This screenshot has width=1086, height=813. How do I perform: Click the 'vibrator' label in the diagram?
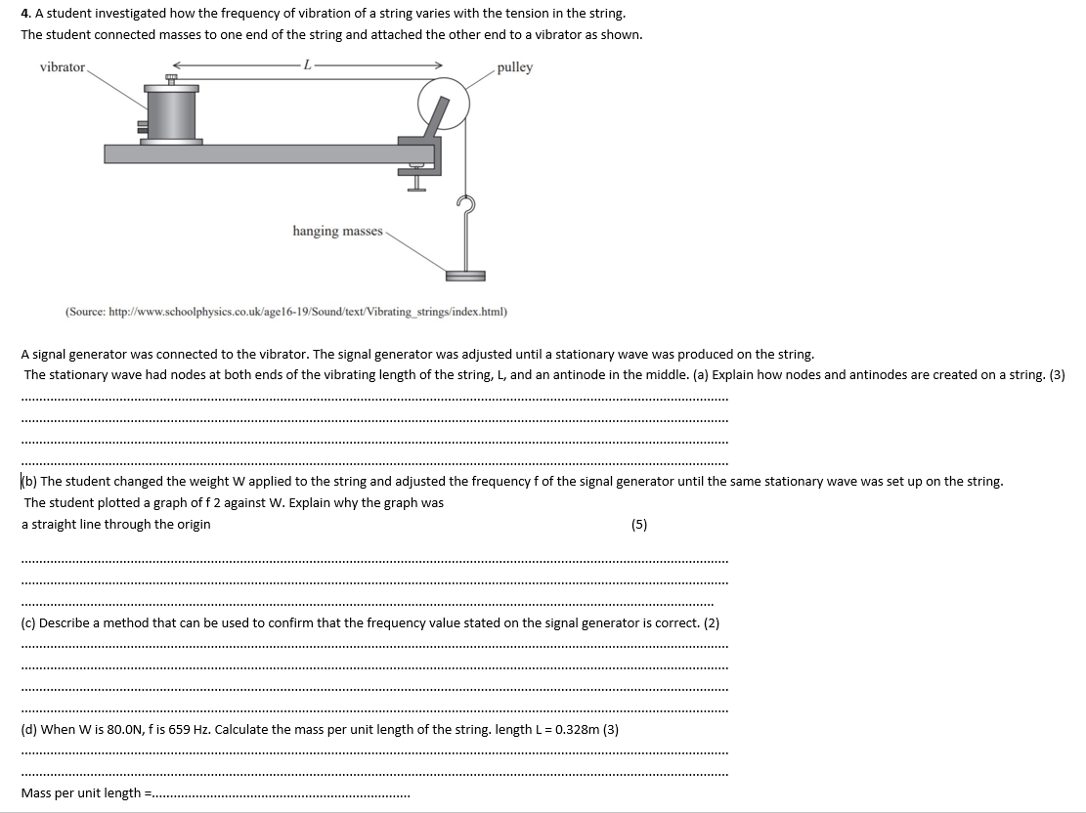point(62,67)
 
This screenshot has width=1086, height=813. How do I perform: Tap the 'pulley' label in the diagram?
point(515,67)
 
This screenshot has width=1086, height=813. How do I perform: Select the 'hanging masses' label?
point(337,231)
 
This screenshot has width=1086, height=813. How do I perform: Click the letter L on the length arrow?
point(307,65)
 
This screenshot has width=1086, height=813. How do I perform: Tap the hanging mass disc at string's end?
point(465,276)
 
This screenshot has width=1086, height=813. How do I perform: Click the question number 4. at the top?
point(26,14)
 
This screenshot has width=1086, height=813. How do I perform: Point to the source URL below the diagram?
point(286,312)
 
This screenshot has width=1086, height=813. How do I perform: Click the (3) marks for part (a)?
point(1056,375)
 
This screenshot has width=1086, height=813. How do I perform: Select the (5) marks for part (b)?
point(639,525)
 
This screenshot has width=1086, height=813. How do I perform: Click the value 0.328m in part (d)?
point(570,730)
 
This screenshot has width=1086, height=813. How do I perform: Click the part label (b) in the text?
point(29,482)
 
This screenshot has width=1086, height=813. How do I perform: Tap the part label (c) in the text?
point(29,623)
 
